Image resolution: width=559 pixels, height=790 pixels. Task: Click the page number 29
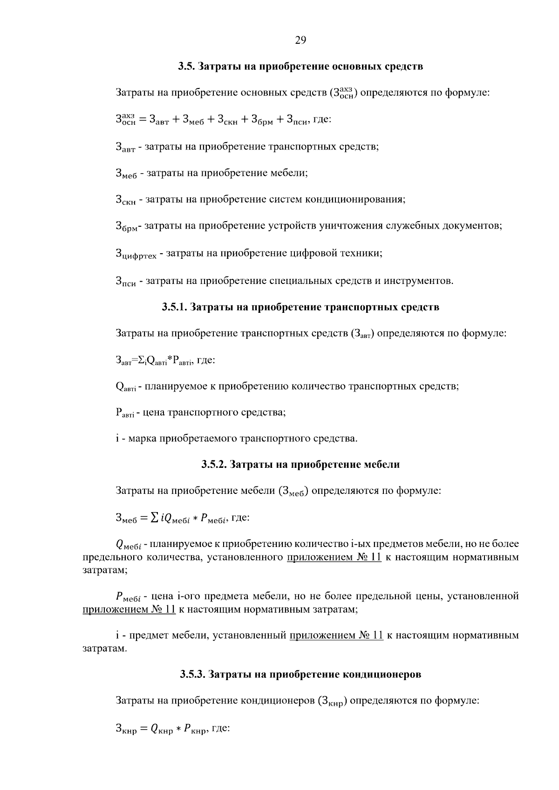point(300,40)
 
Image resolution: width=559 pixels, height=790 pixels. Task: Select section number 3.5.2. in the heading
point(214,464)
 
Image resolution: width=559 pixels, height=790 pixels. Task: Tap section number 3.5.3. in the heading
point(193,674)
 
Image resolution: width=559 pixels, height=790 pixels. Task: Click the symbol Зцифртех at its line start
point(136,254)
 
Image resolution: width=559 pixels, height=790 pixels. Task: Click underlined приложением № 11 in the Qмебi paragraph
point(334,557)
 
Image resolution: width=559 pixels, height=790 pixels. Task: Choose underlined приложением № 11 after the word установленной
point(129,609)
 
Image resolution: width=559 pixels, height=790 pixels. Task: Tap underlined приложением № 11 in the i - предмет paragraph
point(336,635)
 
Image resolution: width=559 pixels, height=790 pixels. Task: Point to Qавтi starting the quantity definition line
point(125,387)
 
